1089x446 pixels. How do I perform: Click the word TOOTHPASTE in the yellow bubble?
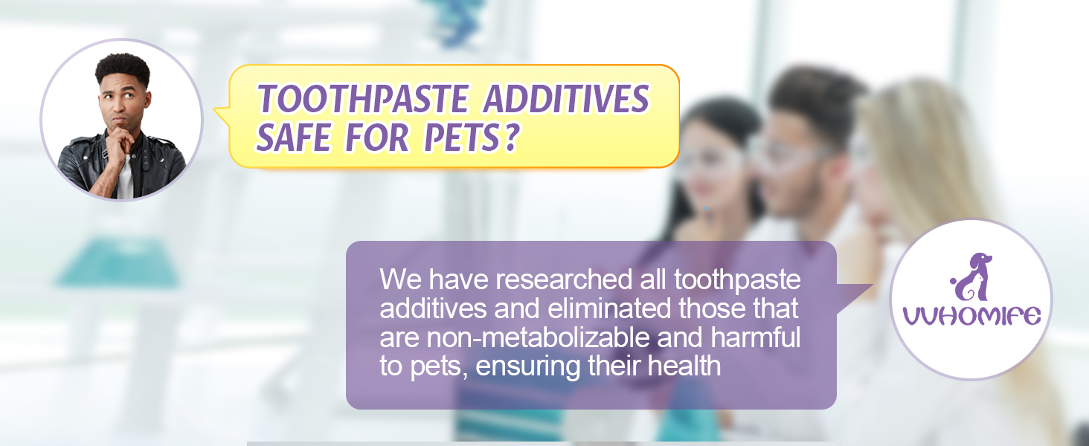coord(363,98)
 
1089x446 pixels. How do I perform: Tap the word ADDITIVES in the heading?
coord(566,98)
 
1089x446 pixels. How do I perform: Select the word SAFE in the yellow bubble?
coord(294,137)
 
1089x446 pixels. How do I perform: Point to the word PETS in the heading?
coord(461,137)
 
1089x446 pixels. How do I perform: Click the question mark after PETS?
coord(510,137)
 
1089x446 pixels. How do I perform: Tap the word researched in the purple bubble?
coord(564,279)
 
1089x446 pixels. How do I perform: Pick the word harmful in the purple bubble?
coord(756,337)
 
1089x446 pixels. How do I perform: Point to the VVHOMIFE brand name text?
coord(971,316)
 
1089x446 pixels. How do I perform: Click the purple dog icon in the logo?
coord(971,277)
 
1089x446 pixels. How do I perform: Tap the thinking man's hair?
coord(123,68)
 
